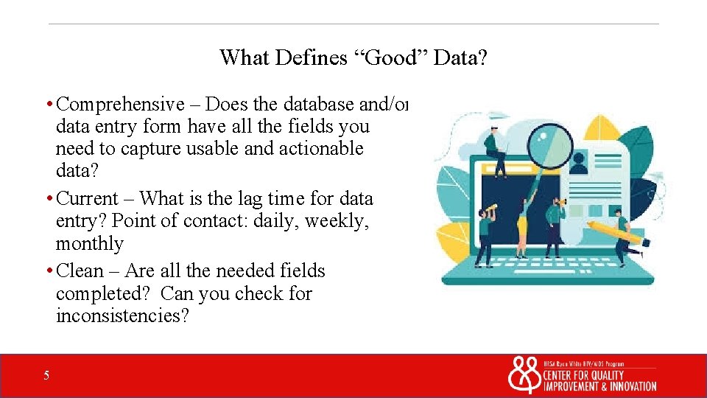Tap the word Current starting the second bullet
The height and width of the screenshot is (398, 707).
[87, 198]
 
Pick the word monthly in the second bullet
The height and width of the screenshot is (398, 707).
[89, 243]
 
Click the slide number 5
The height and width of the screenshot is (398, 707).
[46, 376]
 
